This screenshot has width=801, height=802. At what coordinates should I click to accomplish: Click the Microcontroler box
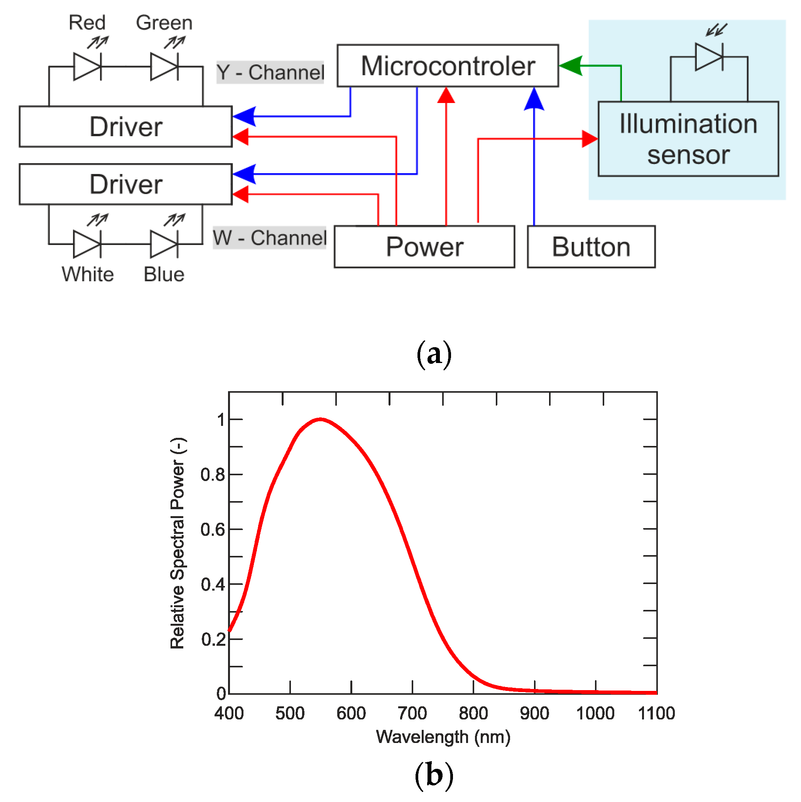(x=447, y=66)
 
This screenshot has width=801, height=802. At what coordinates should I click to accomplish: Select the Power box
(x=424, y=247)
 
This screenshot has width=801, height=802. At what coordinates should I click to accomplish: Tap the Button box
(x=590, y=247)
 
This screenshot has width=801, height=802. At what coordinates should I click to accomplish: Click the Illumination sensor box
(x=688, y=138)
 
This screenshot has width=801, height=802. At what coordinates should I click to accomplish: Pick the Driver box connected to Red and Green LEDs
(x=125, y=126)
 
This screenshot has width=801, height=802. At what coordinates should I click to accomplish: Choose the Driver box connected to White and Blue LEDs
(x=125, y=184)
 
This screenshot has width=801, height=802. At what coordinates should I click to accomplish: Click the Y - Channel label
(x=270, y=72)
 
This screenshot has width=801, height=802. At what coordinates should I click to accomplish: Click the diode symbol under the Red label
(x=87, y=66)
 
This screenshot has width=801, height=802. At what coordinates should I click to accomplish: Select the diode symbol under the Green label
(x=164, y=66)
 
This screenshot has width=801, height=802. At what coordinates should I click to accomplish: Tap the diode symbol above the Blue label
(x=164, y=244)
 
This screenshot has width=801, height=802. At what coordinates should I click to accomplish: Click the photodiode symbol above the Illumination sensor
(x=709, y=56)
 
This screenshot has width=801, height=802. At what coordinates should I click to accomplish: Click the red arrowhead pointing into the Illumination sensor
(x=589, y=138)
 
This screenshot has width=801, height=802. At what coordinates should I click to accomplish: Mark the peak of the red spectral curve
(x=320, y=419)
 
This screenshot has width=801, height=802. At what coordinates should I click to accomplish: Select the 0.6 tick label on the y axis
(x=213, y=530)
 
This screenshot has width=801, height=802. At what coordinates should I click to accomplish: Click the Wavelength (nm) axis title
(x=443, y=737)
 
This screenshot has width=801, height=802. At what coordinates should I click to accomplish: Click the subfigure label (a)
(x=434, y=354)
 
